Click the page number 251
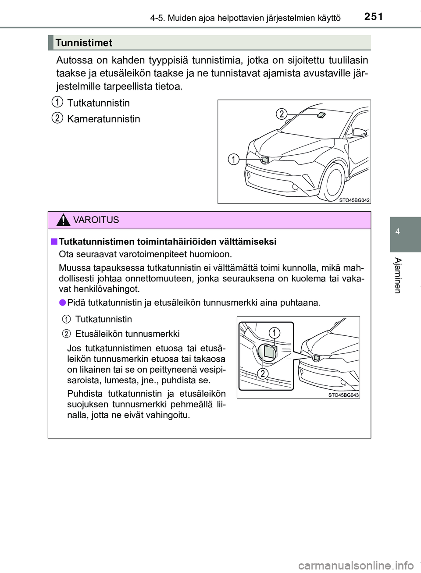(373, 17)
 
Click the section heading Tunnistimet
(84, 43)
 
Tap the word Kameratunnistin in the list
(103, 119)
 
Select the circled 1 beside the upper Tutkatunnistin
(57, 102)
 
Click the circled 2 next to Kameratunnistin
(57, 118)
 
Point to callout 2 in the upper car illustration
(282, 114)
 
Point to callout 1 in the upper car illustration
(233, 159)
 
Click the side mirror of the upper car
(359, 132)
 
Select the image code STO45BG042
(354, 200)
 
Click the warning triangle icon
(63, 220)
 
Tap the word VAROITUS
(96, 220)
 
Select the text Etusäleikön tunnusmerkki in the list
(127, 334)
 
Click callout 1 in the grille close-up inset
(274, 333)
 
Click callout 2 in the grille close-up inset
(262, 374)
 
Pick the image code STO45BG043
(343, 395)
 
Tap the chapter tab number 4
(397, 231)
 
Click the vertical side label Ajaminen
(397, 275)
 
